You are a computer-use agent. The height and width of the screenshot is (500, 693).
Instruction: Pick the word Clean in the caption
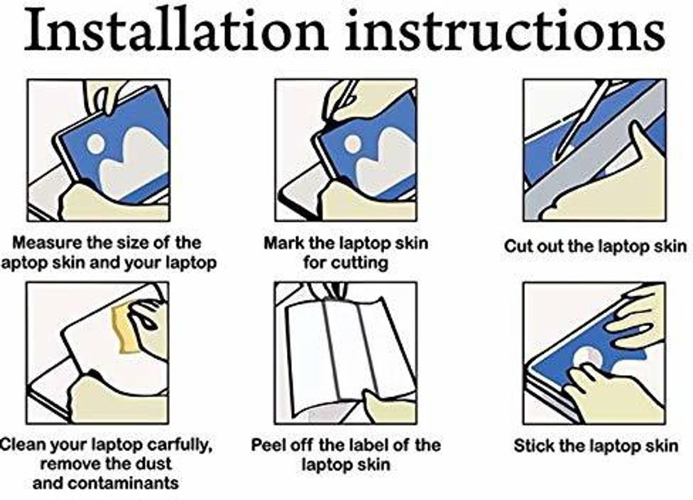click(x=20, y=445)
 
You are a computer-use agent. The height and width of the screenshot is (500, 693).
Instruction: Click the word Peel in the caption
click(x=267, y=445)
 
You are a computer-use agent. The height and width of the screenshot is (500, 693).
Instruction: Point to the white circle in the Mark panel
click(x=352, y=144)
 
